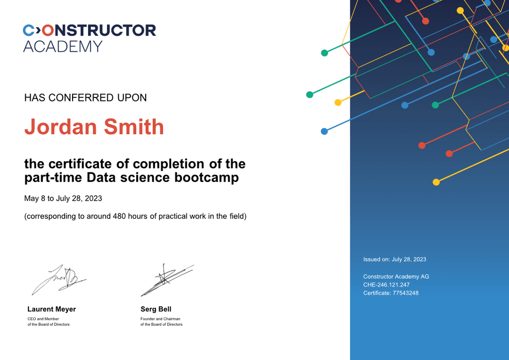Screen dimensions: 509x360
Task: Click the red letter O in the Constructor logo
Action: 48,30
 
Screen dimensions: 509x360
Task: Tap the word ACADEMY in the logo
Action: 63,46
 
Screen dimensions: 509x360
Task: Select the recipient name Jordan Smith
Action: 94,127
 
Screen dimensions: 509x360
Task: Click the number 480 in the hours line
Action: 119,216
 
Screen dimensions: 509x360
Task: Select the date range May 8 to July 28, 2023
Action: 63,198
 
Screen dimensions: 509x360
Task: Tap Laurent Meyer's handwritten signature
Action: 59,279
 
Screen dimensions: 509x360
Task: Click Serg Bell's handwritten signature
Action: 167,280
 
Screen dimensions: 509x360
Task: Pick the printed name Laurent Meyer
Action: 52,309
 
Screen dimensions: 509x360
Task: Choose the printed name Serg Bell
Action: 156,309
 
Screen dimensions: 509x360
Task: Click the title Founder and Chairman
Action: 161,319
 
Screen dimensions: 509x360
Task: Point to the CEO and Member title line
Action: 43,319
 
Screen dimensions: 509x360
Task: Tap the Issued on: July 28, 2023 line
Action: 395,260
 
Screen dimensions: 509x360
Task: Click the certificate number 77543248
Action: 406,293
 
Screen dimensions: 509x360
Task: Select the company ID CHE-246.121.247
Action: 386,285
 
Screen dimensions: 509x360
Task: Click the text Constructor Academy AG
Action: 396,276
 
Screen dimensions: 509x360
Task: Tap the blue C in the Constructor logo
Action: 28,30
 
